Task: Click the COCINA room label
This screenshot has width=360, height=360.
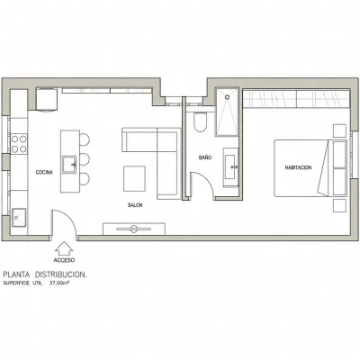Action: tap(44, 172)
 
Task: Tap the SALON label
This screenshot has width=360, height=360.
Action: tap(135, 205)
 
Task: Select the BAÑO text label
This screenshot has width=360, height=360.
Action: tap(205, 157)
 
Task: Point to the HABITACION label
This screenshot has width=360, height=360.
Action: tap(298, 167)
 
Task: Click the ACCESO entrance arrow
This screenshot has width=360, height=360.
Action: tap(64, 248)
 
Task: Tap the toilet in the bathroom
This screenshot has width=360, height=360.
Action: tap(200, 121)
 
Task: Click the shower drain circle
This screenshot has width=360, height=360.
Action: tap(228, 97)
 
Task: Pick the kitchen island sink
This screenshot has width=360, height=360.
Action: tap(69, 165)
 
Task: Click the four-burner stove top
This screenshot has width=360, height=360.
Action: tap(19, 143)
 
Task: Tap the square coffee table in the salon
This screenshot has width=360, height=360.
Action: tap(135, 178)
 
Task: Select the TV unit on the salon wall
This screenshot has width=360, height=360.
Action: tap(134, 229)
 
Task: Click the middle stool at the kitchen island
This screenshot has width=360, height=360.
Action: tap(85, 159)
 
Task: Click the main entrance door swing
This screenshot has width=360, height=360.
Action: tap(69, 217)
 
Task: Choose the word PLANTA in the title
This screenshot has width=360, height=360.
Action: tap(16, 274)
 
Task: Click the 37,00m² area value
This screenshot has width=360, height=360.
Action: tap(59, 283)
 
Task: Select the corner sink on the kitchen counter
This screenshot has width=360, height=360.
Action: tap(19, 217)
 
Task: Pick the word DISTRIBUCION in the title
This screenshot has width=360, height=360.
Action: tap(60, 274)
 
